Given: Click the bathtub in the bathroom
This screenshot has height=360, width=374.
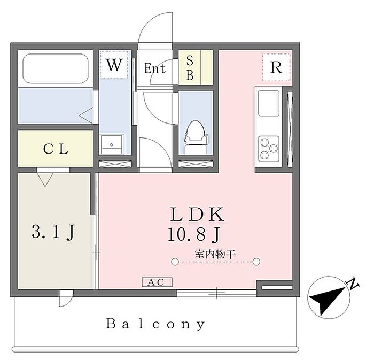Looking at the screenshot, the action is pos(56,68).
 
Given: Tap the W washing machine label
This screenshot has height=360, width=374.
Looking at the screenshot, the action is pos(114,64).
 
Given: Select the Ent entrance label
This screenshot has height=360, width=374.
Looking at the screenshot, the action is pos(155,68).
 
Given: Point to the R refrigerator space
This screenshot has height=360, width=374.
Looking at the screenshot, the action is pos(276,67).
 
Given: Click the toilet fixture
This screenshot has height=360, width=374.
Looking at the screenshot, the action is pos(196,137).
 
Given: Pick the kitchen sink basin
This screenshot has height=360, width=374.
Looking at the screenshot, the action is pos(269,103).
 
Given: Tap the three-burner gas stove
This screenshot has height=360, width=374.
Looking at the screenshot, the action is pos(269,149).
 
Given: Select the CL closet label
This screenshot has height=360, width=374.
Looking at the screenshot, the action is pos(56,149).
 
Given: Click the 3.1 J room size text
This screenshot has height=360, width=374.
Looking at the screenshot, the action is pos(53,232).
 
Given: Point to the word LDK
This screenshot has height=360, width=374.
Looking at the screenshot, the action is pos(197,214).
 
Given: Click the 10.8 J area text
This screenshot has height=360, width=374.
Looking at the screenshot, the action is pos(193,234).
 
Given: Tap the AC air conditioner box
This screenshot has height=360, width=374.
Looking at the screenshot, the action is pos(157,282).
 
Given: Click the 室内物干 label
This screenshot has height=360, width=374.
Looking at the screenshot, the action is pos(215,255).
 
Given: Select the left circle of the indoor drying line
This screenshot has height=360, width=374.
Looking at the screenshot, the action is pos(175,262).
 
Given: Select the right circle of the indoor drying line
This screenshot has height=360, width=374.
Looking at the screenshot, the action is pos(256,262).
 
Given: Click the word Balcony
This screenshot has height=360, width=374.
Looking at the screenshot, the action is pos(155,324).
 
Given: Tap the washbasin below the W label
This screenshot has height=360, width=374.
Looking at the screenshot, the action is pos(112,144).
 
